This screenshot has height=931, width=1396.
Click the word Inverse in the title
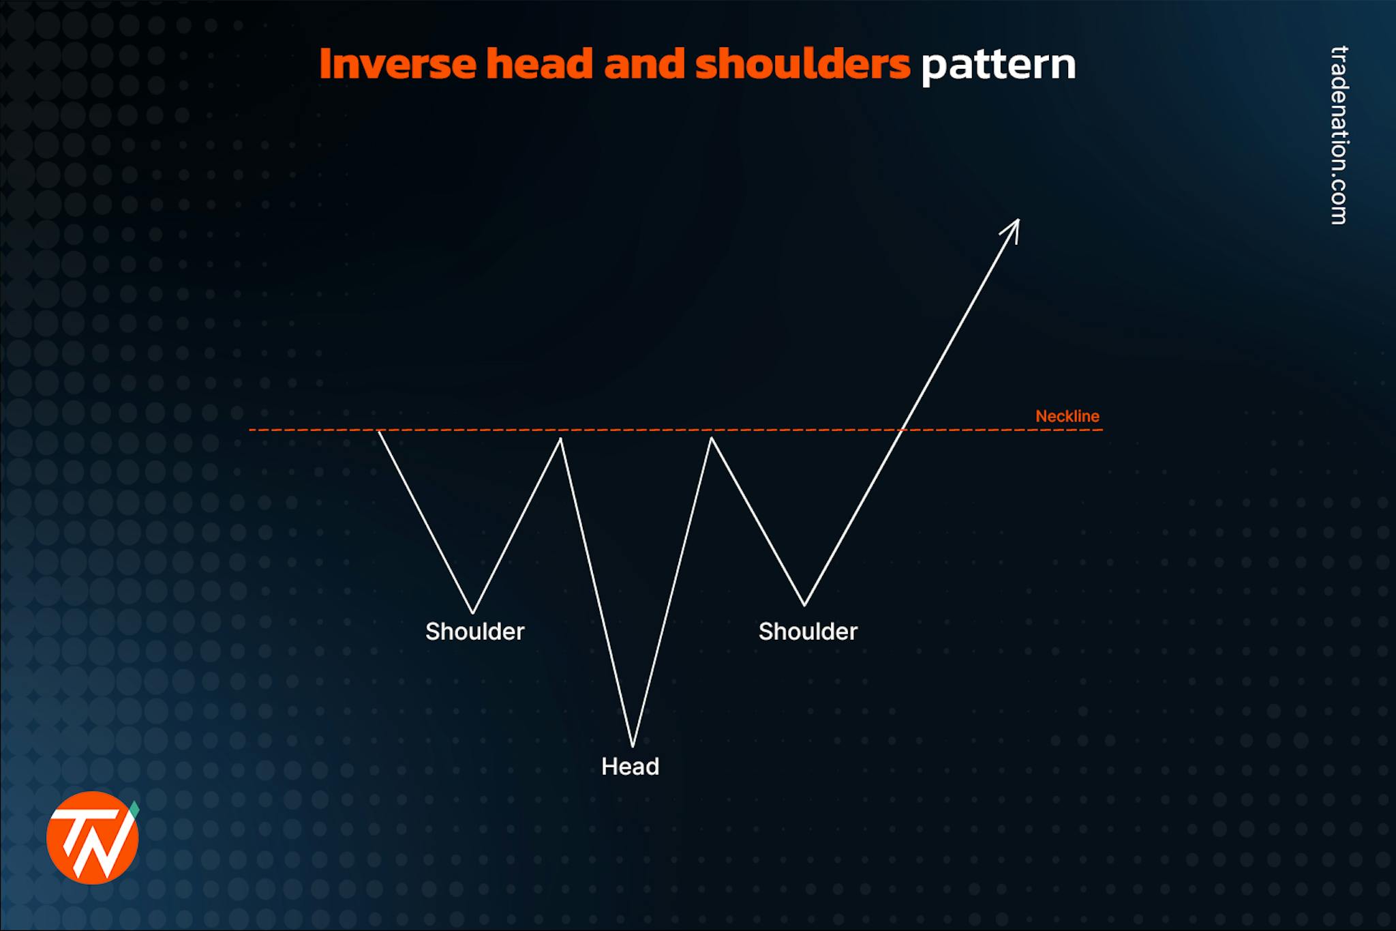point(398,64)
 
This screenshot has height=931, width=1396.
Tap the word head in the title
point(538,64)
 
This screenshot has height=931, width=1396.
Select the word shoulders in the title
point(802,64)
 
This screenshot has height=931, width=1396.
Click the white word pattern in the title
point(999,65)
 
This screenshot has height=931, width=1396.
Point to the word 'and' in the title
point(643,64)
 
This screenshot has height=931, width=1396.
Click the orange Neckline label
point(1067,416)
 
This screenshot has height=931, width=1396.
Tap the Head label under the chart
point(630,767)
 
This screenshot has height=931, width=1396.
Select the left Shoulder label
point(474,632)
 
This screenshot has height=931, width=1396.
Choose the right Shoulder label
point(808,632)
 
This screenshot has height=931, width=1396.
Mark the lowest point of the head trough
point(633,745)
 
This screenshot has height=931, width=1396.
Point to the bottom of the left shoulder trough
point(472,612)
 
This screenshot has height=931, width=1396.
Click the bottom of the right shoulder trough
point(804,604)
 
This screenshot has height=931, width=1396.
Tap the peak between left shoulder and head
point(560,439)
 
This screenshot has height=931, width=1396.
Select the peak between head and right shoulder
point(711,439)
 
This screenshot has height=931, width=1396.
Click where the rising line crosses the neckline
point(902,430)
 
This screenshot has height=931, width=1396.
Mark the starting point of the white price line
point(379,431)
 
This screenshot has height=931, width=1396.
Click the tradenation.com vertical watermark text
point(1339,135)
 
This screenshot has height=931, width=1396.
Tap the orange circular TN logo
point(92,838)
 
